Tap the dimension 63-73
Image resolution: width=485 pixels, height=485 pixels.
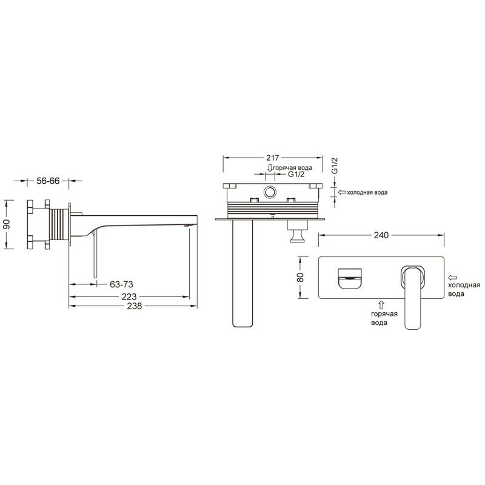click(122, 283)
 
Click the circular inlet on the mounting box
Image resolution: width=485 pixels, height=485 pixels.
click(269, 194)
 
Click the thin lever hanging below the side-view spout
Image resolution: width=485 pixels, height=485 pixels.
click(94, 258)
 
